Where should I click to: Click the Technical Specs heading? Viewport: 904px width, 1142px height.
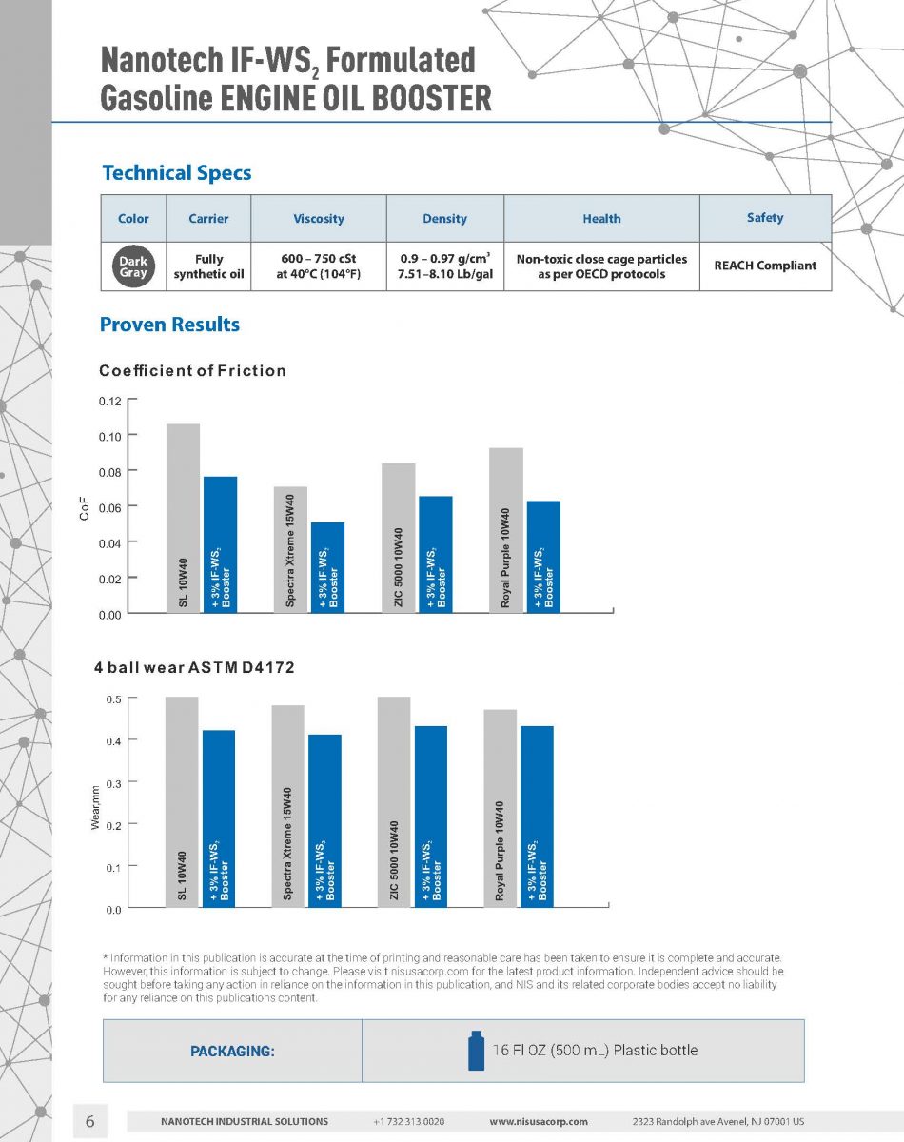point(176,173)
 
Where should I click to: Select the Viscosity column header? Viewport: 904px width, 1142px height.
point(319,219)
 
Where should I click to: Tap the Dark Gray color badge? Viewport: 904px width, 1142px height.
point(133,266)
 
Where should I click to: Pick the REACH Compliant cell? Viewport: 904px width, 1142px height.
point(765,266)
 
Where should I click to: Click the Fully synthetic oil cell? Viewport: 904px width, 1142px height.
point(208,266)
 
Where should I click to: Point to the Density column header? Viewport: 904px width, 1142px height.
point(444,219)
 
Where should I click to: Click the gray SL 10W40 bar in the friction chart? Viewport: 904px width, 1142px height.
point(183,518)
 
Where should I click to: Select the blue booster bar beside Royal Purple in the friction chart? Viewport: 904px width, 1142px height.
point(543,556)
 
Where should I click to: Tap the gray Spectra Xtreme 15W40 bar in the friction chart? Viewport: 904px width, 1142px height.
point(289,549)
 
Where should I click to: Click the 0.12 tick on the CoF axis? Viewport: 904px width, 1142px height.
point(110,401)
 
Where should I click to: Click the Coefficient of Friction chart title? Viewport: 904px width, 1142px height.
point(192,370)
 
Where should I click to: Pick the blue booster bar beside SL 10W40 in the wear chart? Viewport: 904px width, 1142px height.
point(219,818)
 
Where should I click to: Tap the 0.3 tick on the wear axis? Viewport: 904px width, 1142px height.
point(112,782)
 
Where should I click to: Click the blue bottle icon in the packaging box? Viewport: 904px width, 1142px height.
point(476,1051)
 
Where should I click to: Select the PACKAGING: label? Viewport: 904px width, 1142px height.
point(232,1052)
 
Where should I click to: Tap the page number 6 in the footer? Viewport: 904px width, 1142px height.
point(90,1121)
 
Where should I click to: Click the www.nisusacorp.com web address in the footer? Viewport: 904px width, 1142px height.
point(538,1122)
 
